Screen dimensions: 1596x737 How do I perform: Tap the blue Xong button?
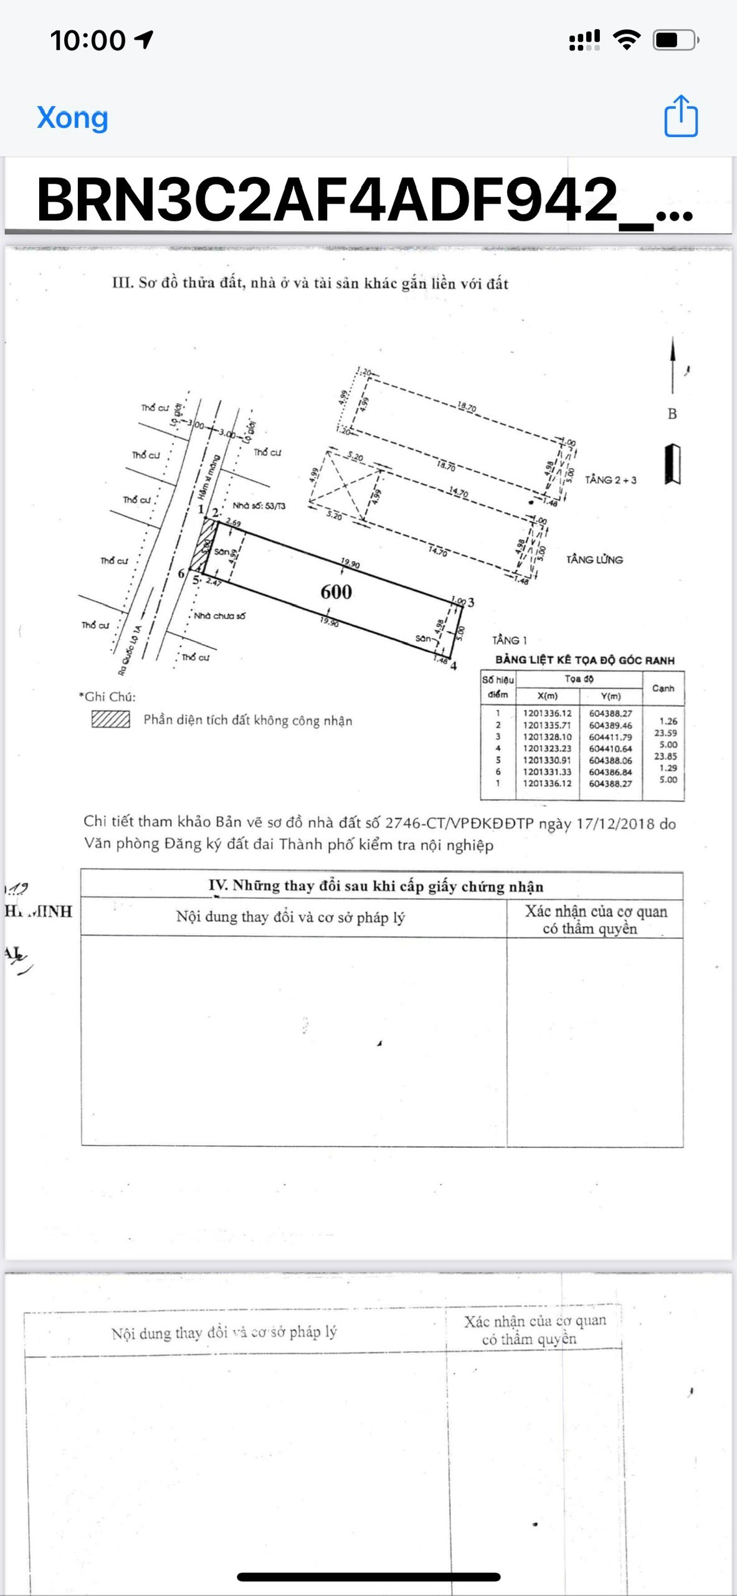pyautogui.click(x=72, y=118)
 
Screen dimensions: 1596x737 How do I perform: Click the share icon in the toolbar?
pyautogui.click(x=680, y=116)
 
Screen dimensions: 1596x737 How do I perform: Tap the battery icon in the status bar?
pyautogui.click(x=675, y=41)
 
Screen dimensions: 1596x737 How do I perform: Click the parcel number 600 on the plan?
pyautogui.click(x=336, y=592)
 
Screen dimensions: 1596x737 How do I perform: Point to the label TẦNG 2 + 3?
pyautogui.click(x=611, y=479)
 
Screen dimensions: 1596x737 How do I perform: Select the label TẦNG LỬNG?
pyautogui.click(x=594, y=559)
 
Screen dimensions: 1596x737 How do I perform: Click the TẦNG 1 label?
pyautogui.click(x=509, y=640)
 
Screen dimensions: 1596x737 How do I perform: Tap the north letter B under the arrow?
pyautogui.click(x=672, y=414)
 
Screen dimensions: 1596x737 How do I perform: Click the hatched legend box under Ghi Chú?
pyautogui.click(x=110, y=719)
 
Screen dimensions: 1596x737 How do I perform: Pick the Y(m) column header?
pyautogui.click(x=611, y=696)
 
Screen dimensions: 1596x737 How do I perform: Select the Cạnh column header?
pyautogui.click(x=663, y=688)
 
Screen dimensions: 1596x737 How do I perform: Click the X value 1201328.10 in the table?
pyautogui.click(x=547, y=736)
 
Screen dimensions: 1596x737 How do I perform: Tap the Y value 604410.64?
pyautogui.click(x=611, y=748)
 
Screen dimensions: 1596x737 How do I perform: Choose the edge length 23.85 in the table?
pyautogui.click(x=665, y=756)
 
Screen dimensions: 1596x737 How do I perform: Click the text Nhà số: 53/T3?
pyautogui.click(x=259, y=506)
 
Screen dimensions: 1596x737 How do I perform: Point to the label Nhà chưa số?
pyautogui.click(x=219, y=616)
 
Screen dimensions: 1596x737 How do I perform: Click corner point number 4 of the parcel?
pyautogui.click(x=454, y=666)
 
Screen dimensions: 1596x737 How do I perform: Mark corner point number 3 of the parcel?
pyautogui.click(x=471, y=602)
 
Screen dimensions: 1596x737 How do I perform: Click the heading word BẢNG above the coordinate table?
pyautogui.click(x=510, y=660)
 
